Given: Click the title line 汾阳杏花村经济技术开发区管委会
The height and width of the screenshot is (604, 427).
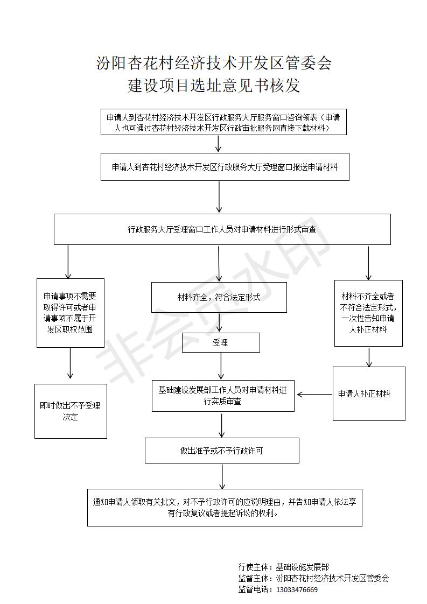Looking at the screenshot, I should pyautogui.click(x=213, y=64).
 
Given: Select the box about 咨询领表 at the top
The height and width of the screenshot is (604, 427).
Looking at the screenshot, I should pyautogui.click(x=223, y=122).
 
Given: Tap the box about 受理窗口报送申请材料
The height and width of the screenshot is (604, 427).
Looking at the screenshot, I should pyautogui.click(x=225, y=167).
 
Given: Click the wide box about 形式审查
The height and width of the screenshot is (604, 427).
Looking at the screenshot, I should pyautogui.click(x=222, y=229).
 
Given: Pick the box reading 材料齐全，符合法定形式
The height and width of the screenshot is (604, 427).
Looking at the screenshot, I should pyautogui.click(x=219, y=297).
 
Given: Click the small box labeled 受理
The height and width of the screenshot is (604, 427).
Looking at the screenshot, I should pyautogui.click(x=220, y=342).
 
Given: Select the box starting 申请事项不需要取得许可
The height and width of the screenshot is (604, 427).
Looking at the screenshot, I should pyautogui.click(x=70, y=312).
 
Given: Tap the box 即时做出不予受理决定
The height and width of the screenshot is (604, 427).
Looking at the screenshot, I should pyautogui.click(x=70, y=411).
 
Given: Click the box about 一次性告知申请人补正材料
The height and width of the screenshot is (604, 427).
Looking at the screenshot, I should pyautogui.click(x=368, y=313).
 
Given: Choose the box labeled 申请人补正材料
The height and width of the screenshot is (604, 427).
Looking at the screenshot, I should pyautogui.click(x=368, y=394).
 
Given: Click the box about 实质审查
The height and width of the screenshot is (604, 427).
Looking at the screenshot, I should pyautogui.click(x=223, y=396).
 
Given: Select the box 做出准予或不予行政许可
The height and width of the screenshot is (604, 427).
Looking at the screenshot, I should pyautogui.click(x=222, y=451).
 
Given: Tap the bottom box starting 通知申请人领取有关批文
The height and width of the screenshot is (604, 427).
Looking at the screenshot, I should pyautogui.click(x=225, y=507).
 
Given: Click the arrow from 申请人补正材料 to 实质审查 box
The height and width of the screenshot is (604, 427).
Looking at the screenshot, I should pyautogui.click(x=314, y=395).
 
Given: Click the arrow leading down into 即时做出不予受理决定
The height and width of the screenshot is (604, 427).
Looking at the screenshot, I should pyautogui.click(x=70, y=364).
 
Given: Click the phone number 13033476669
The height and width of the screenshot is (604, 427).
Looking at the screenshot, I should pyautogui.click(x=296, y=589).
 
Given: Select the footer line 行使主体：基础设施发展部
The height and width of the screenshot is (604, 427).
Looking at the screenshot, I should pyautogui.click(x=283, y=567).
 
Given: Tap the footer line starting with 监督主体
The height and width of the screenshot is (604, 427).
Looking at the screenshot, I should pyautogui.click(x=313, y=578).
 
